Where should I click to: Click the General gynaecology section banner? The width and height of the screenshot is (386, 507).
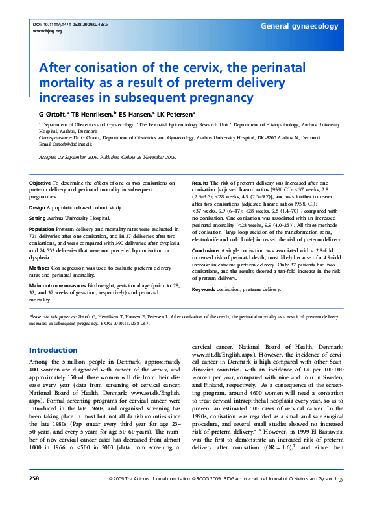pos(299,26)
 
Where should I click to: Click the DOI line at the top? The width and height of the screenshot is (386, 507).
pos(71,23)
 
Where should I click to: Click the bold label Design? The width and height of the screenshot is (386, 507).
pos(38,207)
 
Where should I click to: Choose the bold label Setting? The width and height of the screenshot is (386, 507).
pos(38,218)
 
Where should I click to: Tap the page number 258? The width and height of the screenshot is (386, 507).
pos(34,497)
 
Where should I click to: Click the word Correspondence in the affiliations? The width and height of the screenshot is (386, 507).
pos(57,138)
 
